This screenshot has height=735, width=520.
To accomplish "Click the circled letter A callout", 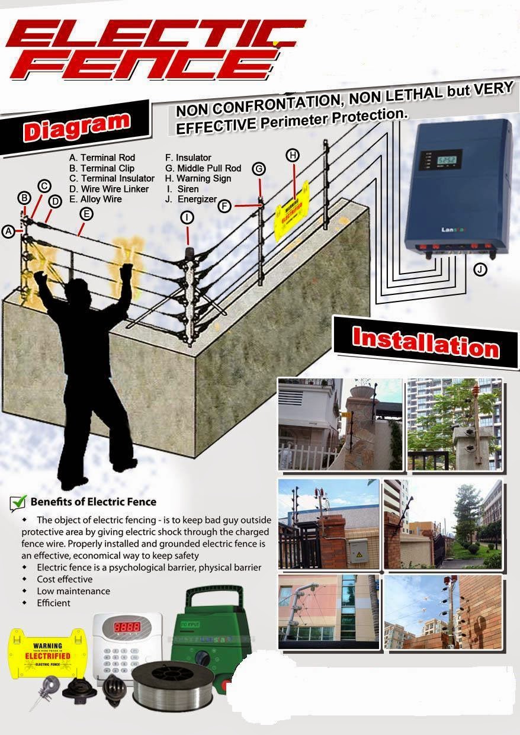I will (x=8, y=232).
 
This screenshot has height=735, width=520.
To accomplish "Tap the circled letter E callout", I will (x=86, y=214).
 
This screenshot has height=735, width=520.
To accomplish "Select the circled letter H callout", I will (x=293, y=155).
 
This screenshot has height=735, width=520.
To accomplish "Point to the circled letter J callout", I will (x=480, y=269).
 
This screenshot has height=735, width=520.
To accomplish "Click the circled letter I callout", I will (x=187, y=217).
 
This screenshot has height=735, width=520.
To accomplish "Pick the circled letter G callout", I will (x=259, y=169).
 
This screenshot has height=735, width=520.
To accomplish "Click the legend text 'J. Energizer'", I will (x=191, y=200).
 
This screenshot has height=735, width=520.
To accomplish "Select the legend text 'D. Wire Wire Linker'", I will (x=109, y=189).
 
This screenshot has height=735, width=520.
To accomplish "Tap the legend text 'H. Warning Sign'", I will (x=198, y=178).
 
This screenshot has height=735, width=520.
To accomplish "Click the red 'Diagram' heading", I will (x=76, y=127).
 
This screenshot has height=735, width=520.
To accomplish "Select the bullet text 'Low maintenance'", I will (x=73, y=591).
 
